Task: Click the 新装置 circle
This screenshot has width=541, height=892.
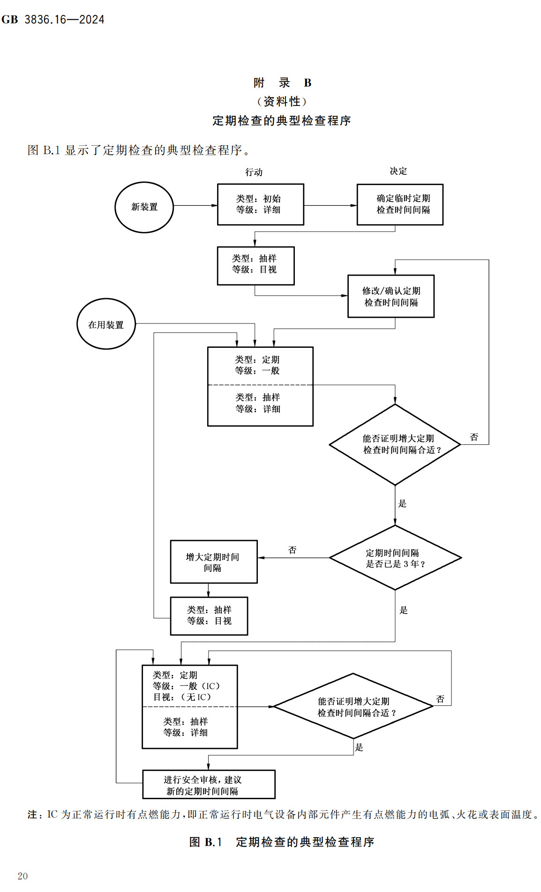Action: (x=144, y=207)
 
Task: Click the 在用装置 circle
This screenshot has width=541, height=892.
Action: (x=106, y=324)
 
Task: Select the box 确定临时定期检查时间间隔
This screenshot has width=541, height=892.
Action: (x=400, y=204)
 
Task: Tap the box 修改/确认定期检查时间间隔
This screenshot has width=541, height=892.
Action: (x=391, y=296)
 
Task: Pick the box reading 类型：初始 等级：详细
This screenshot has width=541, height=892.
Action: (x=261, y=204)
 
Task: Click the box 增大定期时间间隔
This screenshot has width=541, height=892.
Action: (x=214, y=562)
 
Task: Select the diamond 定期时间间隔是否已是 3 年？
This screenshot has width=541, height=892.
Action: (x=395, y=558)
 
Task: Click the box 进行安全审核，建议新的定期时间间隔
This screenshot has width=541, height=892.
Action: (x=209, y=785)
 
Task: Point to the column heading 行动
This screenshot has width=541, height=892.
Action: (x=254, y=172)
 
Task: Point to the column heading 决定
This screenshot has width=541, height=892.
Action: (x=398, y=171)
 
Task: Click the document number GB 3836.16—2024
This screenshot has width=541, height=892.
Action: (x=53, y=20)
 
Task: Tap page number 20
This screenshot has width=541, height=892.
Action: (x=23, y=876)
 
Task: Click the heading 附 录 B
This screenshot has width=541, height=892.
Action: (x=282, y=83)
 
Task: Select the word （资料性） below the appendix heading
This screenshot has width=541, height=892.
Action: (x=282, y=101)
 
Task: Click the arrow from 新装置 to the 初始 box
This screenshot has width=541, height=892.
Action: (x=195, y=205)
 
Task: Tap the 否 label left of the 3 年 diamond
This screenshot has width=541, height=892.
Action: (x=292, y=550)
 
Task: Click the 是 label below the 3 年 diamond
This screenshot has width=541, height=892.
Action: (x=404, y=610)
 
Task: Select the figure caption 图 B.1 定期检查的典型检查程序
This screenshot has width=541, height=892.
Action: (x=282, y=842)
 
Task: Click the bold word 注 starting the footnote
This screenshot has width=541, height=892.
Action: (x=32, y=815)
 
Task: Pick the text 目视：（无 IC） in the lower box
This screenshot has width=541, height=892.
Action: (x=182, y=697)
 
